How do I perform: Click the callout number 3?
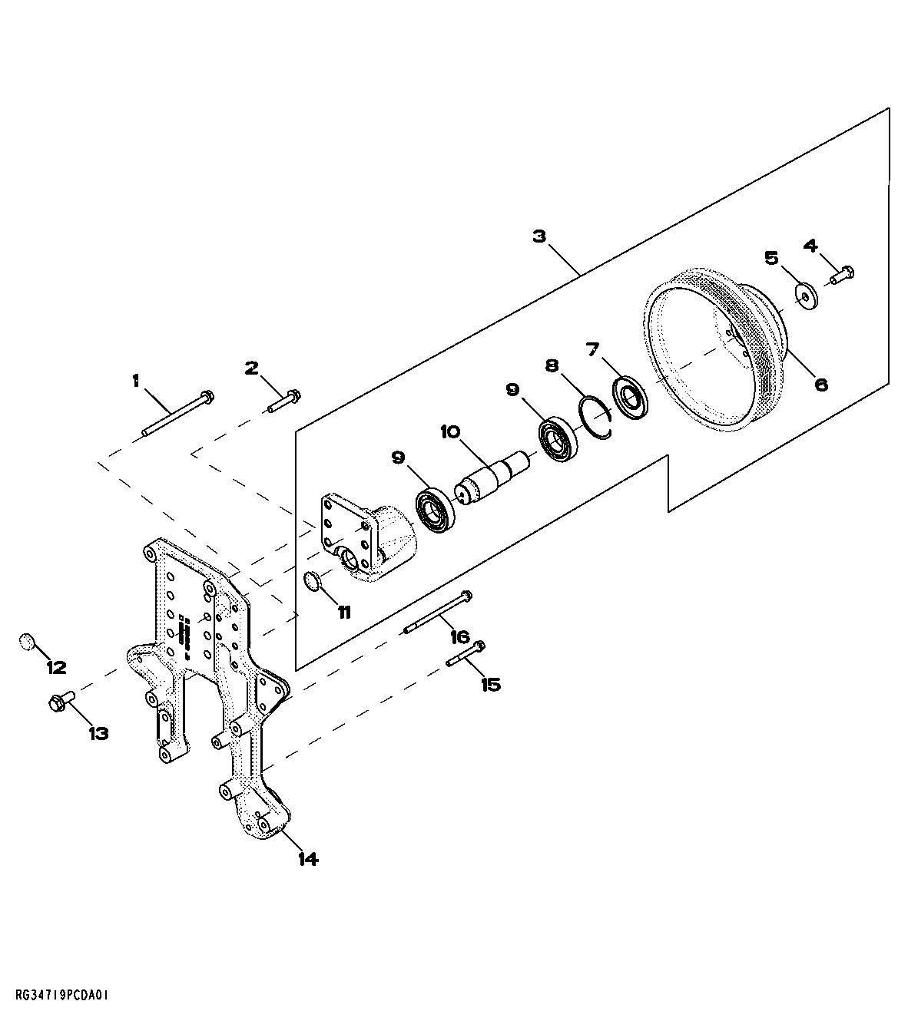539,236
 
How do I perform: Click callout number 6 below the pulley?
821,384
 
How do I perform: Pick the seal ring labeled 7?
631,396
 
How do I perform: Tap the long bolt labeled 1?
177,415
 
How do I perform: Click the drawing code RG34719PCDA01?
58,995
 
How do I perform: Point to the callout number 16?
459,636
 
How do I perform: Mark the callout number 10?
450,432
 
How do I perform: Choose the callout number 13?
98,733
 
